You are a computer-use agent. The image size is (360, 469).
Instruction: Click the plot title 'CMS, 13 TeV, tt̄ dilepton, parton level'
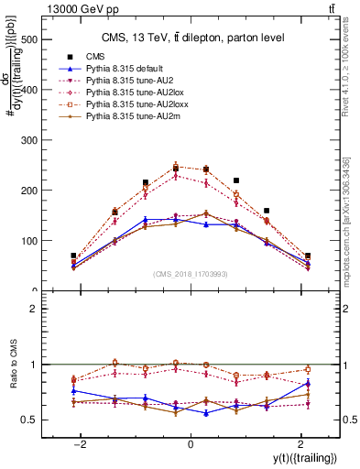point(191,37)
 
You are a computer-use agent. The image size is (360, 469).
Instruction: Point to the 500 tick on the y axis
point(30,39)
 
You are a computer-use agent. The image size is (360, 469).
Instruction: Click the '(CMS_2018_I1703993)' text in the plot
point(191,275)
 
